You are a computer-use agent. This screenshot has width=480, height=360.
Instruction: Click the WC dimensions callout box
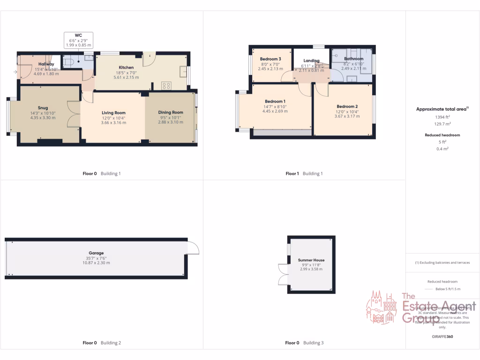(78, 40)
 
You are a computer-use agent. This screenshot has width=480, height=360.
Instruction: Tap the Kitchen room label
(126, 67)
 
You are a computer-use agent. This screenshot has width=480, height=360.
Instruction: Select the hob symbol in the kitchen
(166, 85)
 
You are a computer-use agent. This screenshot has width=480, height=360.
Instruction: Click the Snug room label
(43, 108)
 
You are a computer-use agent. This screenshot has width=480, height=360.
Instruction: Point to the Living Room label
(114, 112)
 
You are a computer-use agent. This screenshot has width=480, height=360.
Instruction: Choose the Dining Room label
(171, 112)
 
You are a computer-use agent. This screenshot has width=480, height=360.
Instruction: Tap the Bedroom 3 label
(270, 59)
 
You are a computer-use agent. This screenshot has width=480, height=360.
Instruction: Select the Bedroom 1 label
(275, 101)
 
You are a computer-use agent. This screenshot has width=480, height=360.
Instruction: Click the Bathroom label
(353, 59)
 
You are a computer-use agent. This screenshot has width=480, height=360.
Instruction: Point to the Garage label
(97, 253)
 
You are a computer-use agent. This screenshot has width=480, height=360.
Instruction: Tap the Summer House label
(311, 260)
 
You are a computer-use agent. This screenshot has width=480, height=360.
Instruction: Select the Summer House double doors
(282, 274)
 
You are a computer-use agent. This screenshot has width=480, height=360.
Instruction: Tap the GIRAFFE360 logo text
(442, 337)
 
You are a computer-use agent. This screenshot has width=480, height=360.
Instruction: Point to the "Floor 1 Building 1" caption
(304, 173)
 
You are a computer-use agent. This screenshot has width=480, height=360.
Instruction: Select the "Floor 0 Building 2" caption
(102, 343)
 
